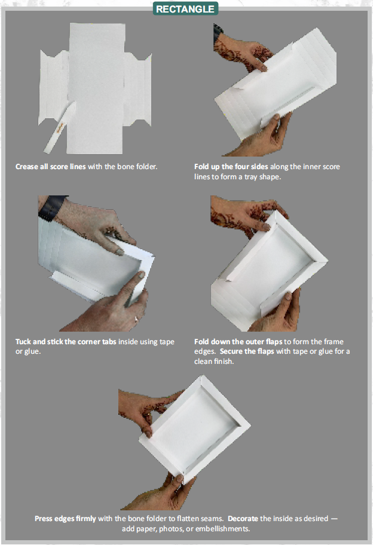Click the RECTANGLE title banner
[x=185, y=8]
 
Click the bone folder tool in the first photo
[x=58, y=129]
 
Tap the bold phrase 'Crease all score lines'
[x=50, y=166]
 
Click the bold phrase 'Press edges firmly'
[x=65, y=519]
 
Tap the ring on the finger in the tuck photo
[x=136, y=319]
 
